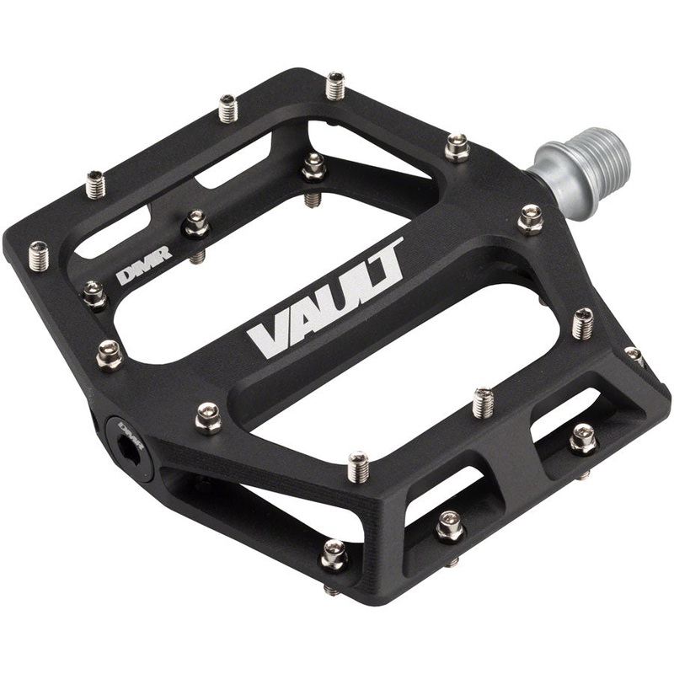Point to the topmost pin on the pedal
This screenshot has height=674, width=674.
tap(335, 85)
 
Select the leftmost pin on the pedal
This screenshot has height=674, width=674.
tap(37, 254)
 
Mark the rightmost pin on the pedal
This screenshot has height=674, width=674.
tap(634, 355)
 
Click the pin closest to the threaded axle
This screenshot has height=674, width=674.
tap(530, 219)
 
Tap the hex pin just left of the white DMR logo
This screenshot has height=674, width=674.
tap(94, 294)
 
